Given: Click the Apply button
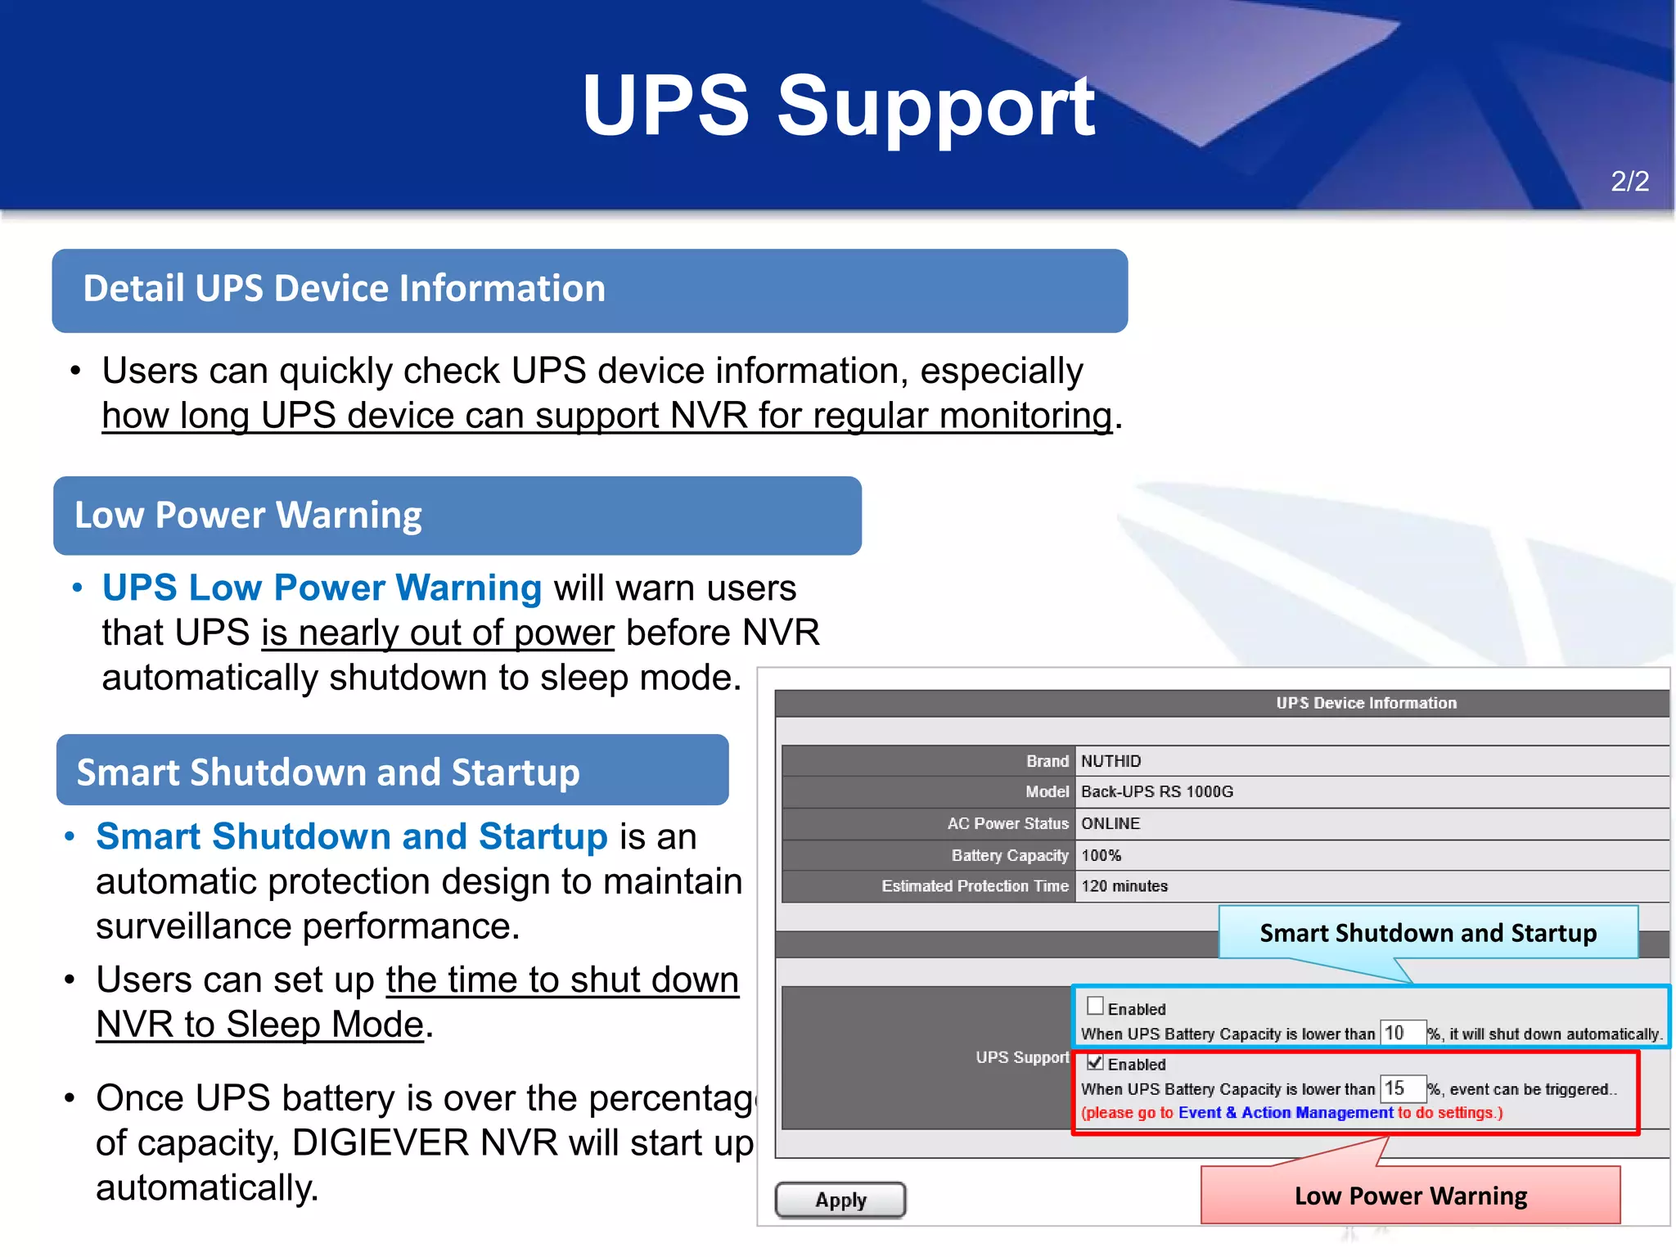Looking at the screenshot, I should pyautogui.click(x=840, y=1200).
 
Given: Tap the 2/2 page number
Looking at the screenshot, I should pyautogui.click(x=1629, y=181).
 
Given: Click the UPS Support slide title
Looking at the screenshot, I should pyautogui.click(x=838, y=106).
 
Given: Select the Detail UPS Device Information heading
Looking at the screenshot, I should pyautogui.click(x=344, y=289).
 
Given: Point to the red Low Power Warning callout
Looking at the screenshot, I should pyautogui.click(x=1410, y=1196).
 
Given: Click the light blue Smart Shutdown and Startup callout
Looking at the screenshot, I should pyautogui.click(x=1428, y=933).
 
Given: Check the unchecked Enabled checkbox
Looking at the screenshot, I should pyautogui.click(x=1095, y=1006).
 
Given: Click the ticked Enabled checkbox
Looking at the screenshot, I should pyautogui.click(x=1095, y=1062).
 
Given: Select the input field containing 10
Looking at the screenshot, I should pyautogui.click(x=1403, y=1033).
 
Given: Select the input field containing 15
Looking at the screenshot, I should pyautogui.click(x=1403, y=1088).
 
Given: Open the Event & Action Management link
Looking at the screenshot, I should pyautogui.click(x=1285, y=1112).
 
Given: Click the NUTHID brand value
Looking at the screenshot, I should pyautogui.click(x=1111, y=761).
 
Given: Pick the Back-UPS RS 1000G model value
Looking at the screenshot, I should pyautogui.click(x=1156, y=791).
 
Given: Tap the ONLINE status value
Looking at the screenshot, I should pyautogui.click(x=1111, y=823).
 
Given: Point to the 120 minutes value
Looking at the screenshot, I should pyautogui.click(x=1124, y=885).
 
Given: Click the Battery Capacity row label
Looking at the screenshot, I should pyautogui.click(x=1010, y=855).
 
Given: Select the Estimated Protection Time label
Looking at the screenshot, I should pyautogui.click(x=975, y=885).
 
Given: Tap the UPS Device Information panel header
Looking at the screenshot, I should pyautogui.click(x=1366, y=703).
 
